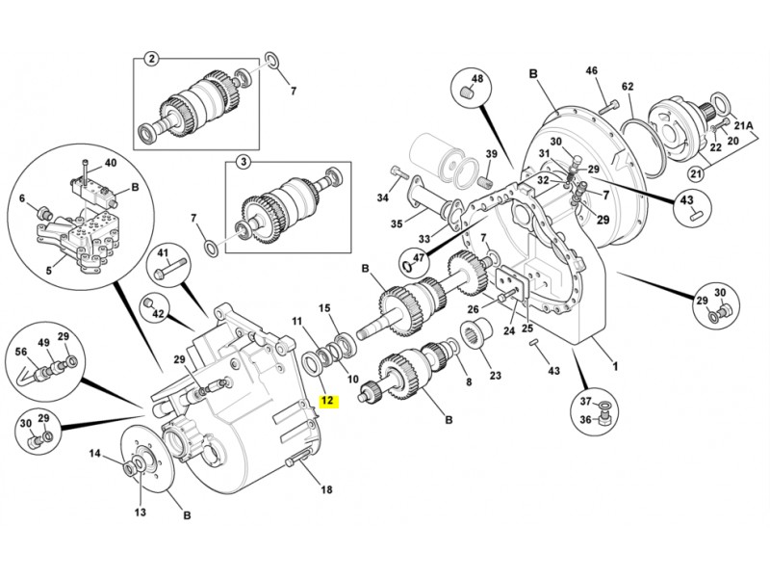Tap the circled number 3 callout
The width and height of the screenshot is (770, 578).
click(x=244, y=162)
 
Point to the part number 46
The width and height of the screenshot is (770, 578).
click(x=592, y=70)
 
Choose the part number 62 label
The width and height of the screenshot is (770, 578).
click(x=628, y=87)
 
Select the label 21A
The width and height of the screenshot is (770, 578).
click(x=743, y=125)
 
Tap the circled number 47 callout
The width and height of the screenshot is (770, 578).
click(x=419, y=257)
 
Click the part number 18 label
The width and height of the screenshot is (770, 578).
click(x=326, y=490)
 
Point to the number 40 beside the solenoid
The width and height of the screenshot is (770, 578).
click(x=110, y=163)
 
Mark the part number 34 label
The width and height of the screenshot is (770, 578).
click(x=382, y=198)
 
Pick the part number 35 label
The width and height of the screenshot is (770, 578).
click(x=396, y=225)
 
